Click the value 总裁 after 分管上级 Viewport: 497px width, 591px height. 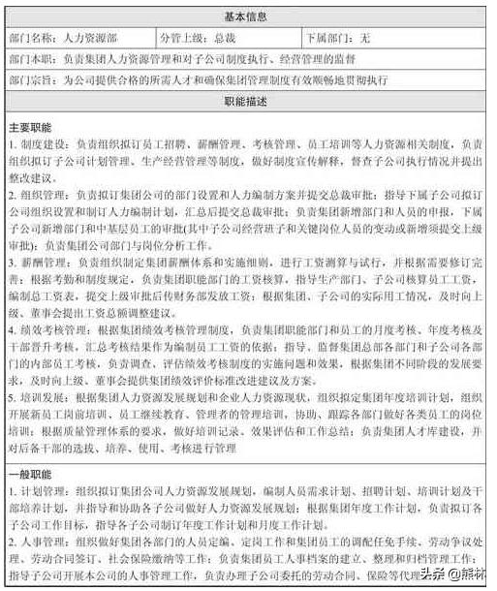coord(225,37)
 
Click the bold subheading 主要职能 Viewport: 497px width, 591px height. coord(32,127)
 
